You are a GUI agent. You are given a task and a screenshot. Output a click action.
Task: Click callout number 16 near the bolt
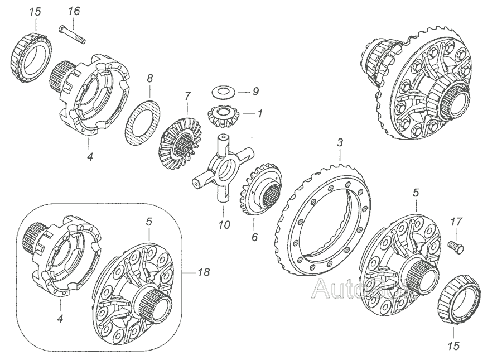[x=74, y=11]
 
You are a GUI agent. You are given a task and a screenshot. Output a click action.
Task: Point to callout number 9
[x=255, y=90]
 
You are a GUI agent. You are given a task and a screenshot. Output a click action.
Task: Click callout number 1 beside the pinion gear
[x=259, y=112]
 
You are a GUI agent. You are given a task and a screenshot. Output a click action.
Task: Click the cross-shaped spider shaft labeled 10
[x=222, y=168]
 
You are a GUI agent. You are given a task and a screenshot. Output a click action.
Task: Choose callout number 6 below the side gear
[x=254, y=237]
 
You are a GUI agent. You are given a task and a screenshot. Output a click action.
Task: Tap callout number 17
[x=456, y=222]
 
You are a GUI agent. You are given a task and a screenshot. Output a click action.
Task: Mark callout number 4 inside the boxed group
[x=60, y=319]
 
